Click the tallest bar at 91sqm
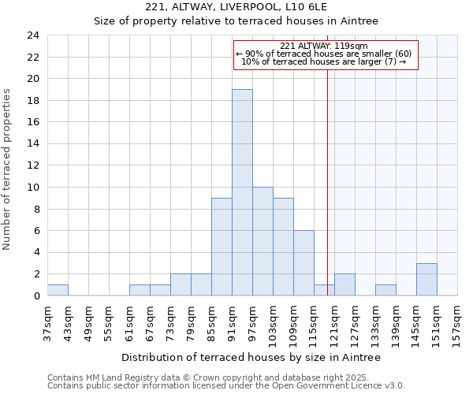242,192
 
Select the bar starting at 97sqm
263,241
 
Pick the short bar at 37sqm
58,290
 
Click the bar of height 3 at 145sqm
426,279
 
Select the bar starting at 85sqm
222,247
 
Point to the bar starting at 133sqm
385,290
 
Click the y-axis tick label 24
32,35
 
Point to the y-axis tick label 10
32,188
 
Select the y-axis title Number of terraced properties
8,169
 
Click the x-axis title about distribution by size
251,357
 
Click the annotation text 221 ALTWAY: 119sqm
323,46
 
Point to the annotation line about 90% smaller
323,54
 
